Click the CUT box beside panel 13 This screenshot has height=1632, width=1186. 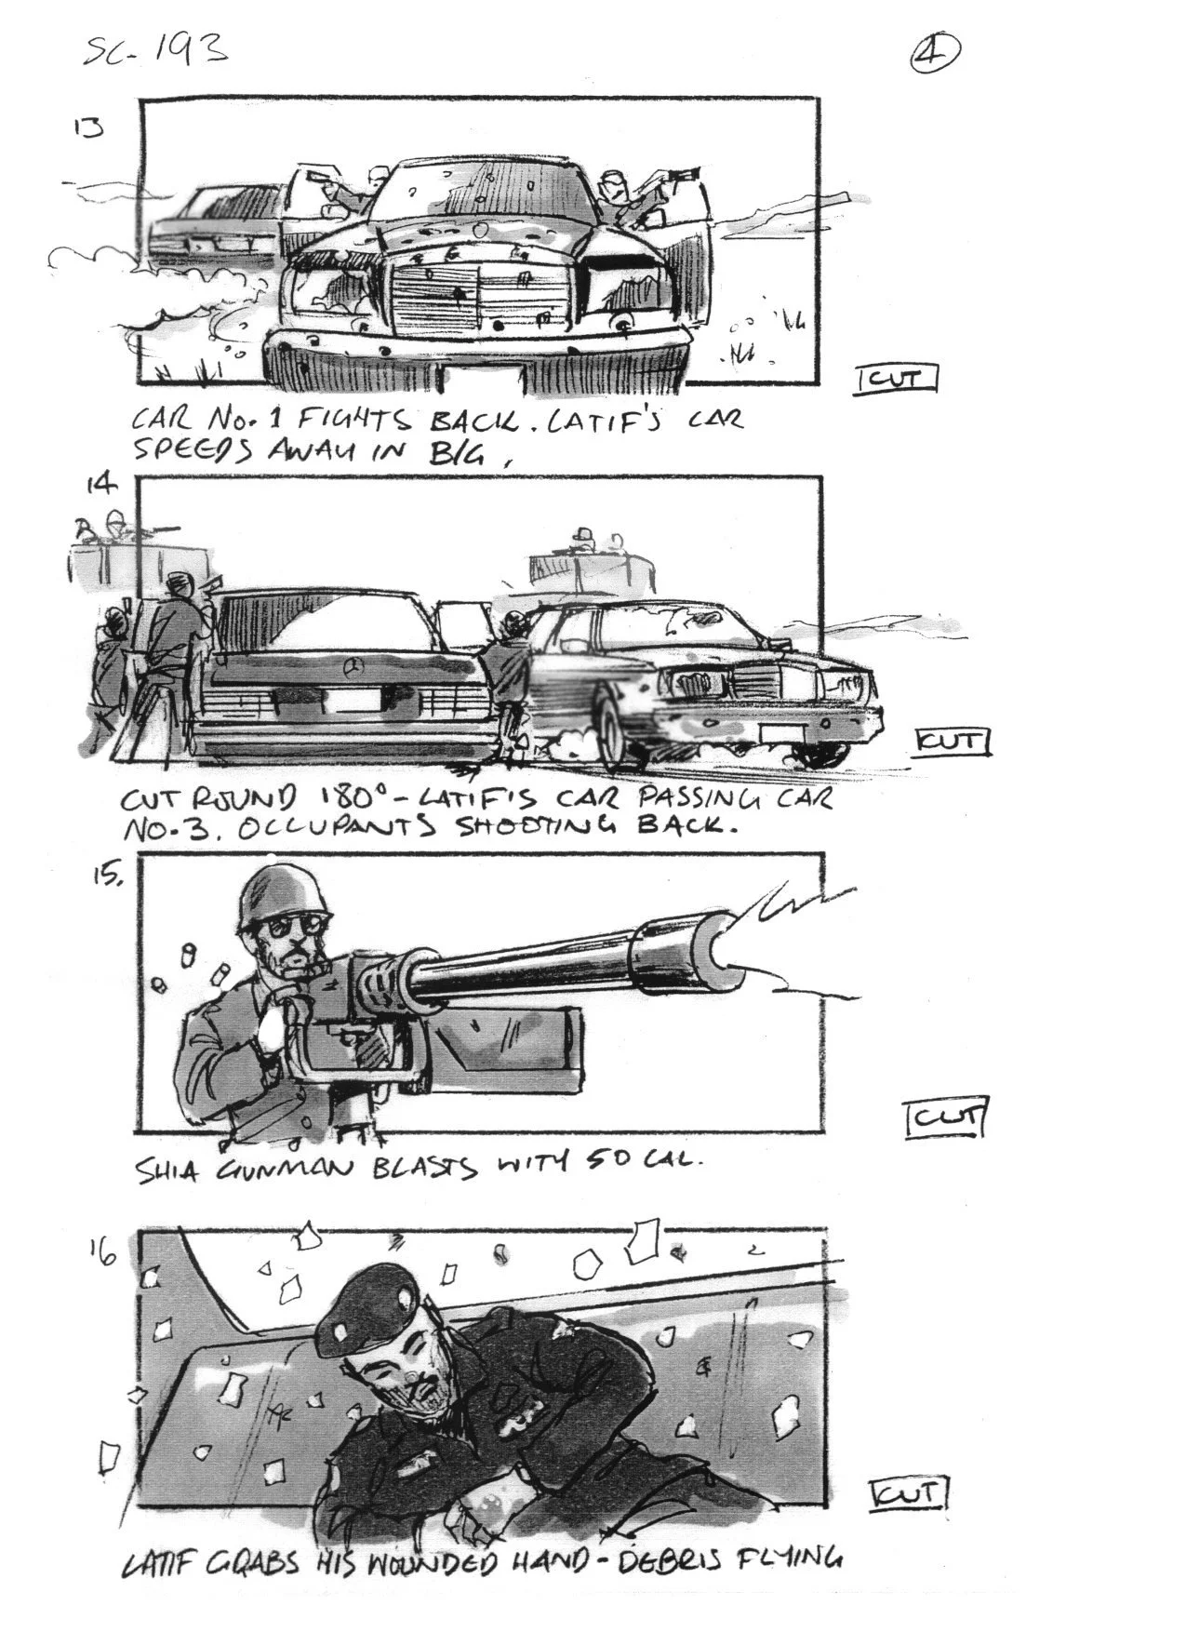pos(896,380)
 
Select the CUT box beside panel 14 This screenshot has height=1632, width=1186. pos(953,742)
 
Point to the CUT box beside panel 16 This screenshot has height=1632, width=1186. pos(908,1494)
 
